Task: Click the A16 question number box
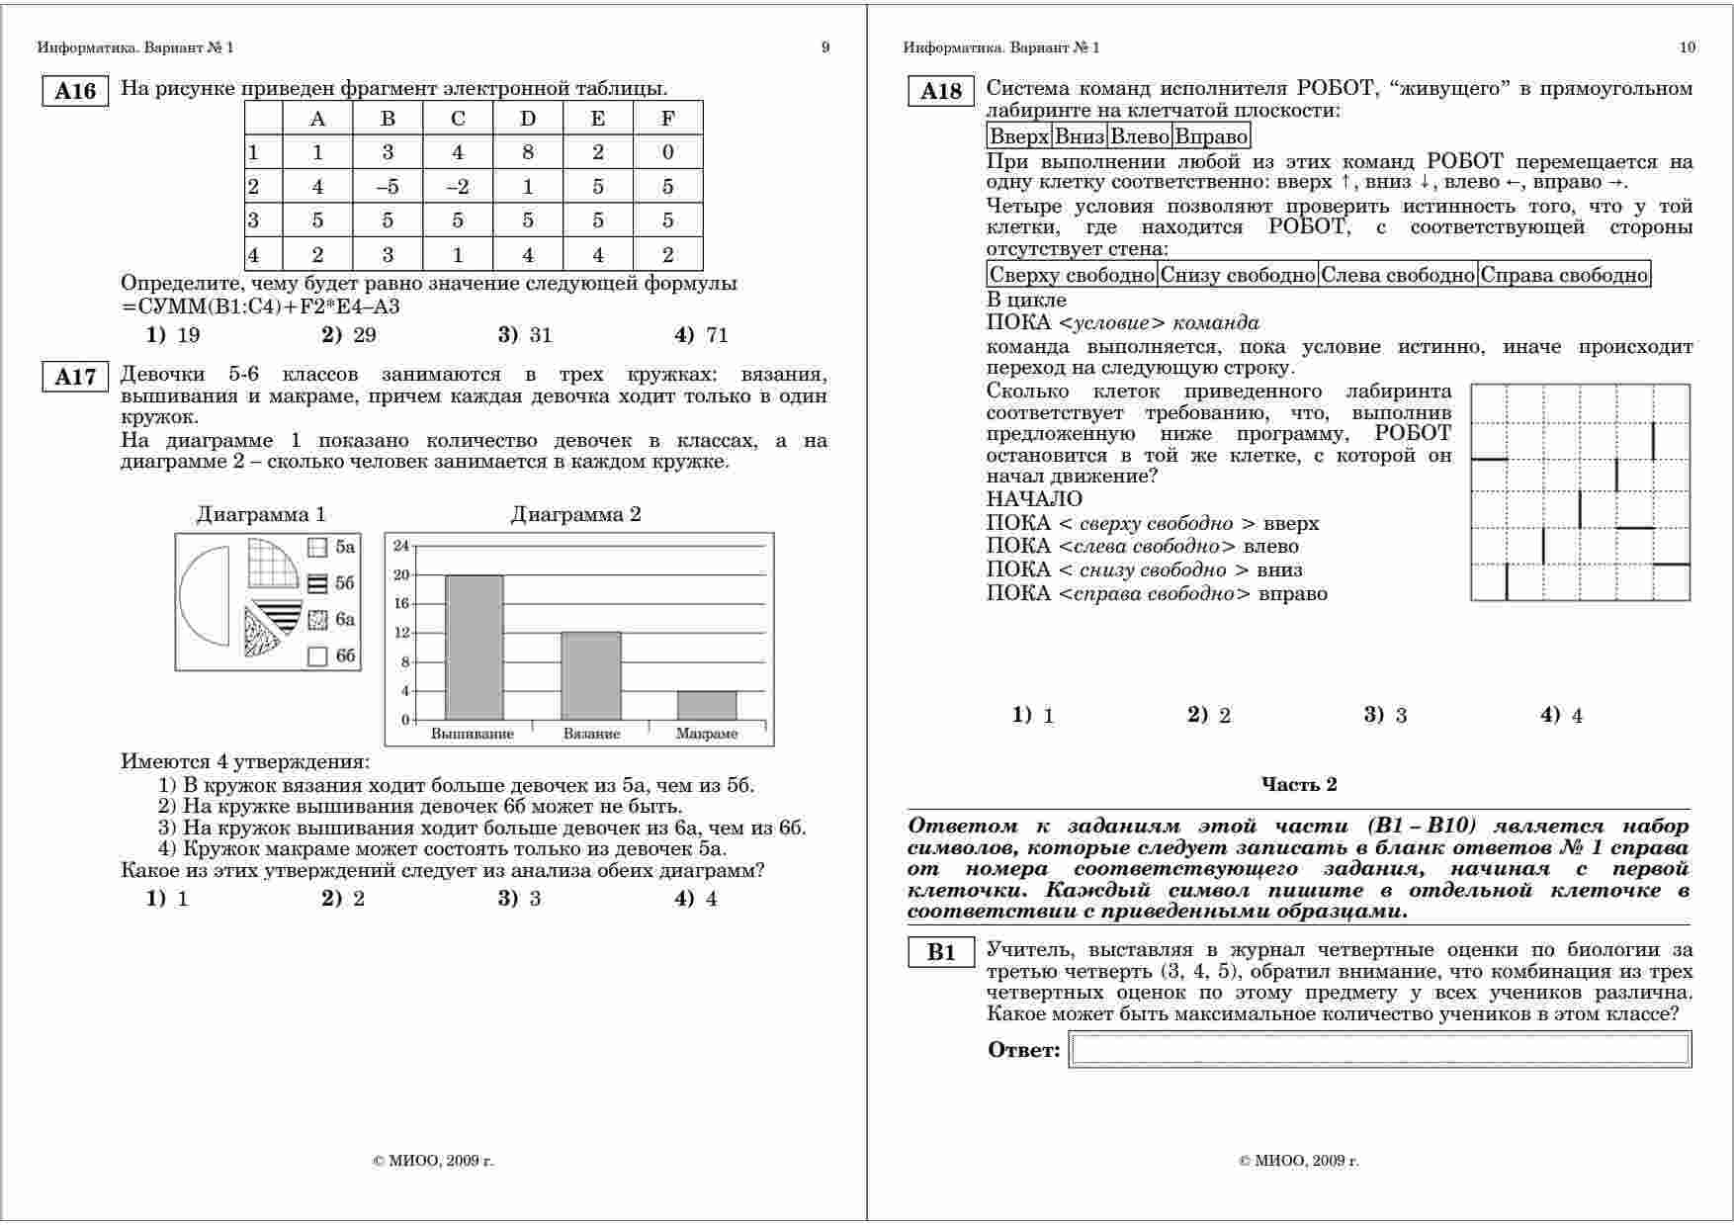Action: pyautogui.click(x=75, y=91)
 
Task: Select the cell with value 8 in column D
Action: pyautogui.click(x=528, y=152)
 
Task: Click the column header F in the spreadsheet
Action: pyautogui.click(x=667, y=119)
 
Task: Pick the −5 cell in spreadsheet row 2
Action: pyautogui.click(x=388, y=186)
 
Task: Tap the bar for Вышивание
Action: pyautogui.click(x=474, y=647)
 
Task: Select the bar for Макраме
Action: pyautogui.click(x=707, y=705)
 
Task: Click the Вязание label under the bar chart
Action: pyautogui.click(x=591, y=734)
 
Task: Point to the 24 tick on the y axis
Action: pyautogui.click(x=400, y=546)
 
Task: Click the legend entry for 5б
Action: pyautogui.click(x=331, y=583)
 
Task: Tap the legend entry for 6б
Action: pyautogui.click(x=331, y=656)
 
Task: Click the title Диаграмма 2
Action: pyautogui.click(x=575, y=514)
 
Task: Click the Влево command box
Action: pyautogui.click(x=1140, y=136)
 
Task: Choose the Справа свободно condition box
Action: pyautogui.click(x=1563, y=275)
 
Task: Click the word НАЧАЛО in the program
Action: pyautogui.click(x=1034, y=499)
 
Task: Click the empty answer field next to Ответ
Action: pyautogui.click(x=1379, y=1049)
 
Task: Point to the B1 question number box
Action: pyautogui.click(x=941, y=952)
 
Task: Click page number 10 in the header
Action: pyautogui.click(x=1687, y=47)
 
